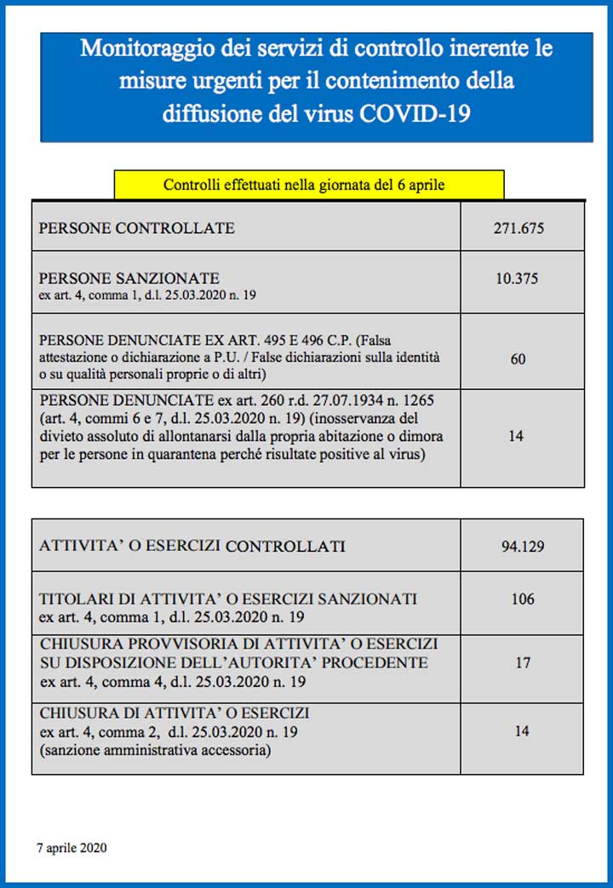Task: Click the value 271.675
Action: click(x=518, y=228)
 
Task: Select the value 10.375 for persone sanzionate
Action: click(x=517, y=278)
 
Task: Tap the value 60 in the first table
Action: click(x=518, y=359)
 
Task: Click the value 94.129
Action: click(x=522, y=546)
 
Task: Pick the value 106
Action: click(x=523, y=599)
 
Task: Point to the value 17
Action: click(x=523, y=662)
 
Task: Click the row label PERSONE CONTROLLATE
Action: click(x=137, y=228)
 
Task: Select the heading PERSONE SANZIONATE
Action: click(x=129, y=278)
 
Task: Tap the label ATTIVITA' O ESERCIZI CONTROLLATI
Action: click(x=192, y=546)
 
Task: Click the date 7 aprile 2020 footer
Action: click(x=72, y=848)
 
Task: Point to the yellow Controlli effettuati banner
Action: click(x=308, y=185)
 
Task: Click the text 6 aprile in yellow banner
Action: click(x=421, y=185)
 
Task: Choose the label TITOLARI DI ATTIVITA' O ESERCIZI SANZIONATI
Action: click(x=228, y=599)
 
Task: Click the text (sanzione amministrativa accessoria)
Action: click(x=155, y=750)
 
